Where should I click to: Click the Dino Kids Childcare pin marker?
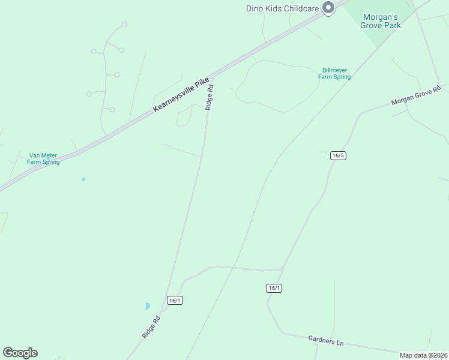tap(328, 8)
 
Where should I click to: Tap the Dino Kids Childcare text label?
tap(283, 8)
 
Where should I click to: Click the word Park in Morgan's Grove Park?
tap(391, 25)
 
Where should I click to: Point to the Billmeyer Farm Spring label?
tap(334, 73)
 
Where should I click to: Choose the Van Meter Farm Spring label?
tap(43, 158)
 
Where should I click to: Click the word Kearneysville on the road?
tap(174, 98)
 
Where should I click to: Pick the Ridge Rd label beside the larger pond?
tap(152, 327)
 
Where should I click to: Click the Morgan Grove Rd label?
tap(416, 95)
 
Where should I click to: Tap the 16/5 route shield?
tap(338, 155)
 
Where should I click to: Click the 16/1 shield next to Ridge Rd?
tap(175, 300)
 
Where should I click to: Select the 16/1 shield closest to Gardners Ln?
tap(274, 288)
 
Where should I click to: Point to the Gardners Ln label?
tap(326, 341)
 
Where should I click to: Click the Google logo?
tap(20, 353)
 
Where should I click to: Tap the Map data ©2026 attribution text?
tap(423, 355)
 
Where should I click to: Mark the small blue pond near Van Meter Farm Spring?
tap(83, 179)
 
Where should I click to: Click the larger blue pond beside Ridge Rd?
tap(148, 306)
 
